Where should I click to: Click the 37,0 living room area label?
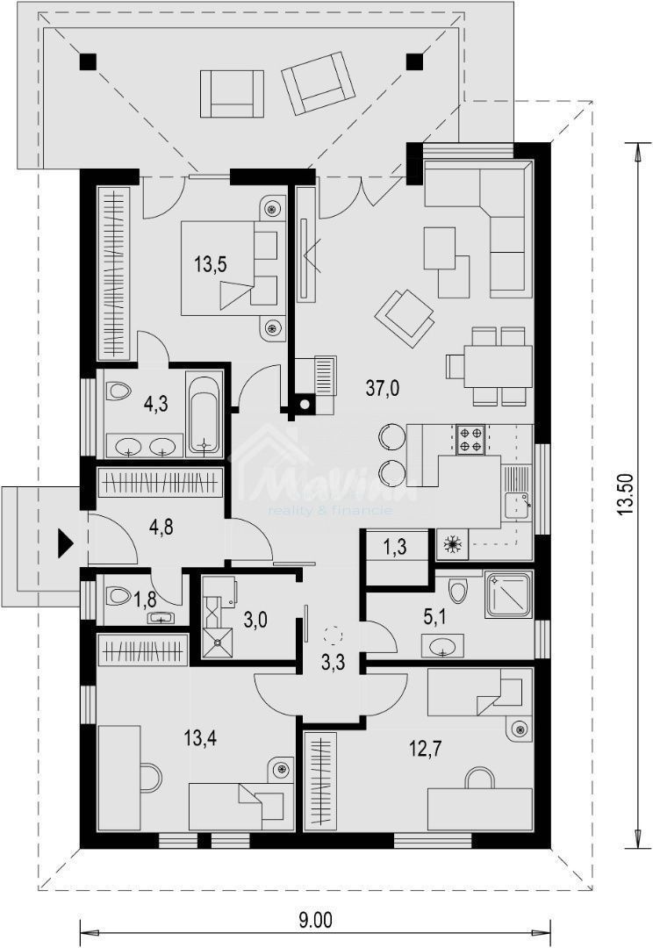pos(383,389)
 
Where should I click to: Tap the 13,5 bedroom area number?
pos(212,263)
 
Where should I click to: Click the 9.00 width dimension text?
pos(315,921)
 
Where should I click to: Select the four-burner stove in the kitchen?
pos(470,438)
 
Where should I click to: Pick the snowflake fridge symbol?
pos(453,545)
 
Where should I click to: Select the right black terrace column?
pos(414,61)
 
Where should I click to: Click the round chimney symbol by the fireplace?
pos(305,406)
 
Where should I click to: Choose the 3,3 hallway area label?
pos(332,663)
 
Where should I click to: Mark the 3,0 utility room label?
pos(255,621)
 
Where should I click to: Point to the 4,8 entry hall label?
pos(161,528)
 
